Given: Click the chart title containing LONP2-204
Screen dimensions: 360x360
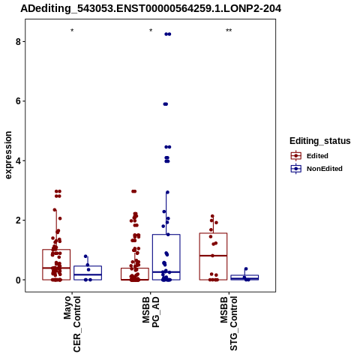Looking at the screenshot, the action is pyautogui.click(x=151, y=8).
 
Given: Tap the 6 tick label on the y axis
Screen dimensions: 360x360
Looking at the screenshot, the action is pyautogui.click(x=18, y=101).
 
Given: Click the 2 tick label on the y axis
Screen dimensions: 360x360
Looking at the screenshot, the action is pyautogui.click(x=18, y=220).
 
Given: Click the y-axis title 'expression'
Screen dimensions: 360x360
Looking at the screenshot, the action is pyautogui.click(x=8, y=155).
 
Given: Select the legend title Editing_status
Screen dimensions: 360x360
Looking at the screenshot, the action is pyautogui.click(x=320, y=141).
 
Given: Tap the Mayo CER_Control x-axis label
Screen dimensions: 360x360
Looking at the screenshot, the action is pyautogui.click(x=72, y=324).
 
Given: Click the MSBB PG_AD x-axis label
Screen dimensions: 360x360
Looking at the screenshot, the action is pyautogui.click(x=151, y=312).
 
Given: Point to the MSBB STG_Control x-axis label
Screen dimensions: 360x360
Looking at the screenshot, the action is pyautogui.click(x=229, y=323).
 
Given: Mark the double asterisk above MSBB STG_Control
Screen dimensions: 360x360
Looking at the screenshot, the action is pyautogui.click(x=229, y=31).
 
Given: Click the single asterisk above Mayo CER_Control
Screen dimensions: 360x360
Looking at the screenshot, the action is pyautogui.click(x=72, y=31).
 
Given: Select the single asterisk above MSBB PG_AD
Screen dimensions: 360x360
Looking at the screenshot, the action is pyautogui.click(x=151, y=31).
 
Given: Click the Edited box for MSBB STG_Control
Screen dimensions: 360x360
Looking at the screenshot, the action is pyautogui.click(x=213, y=233).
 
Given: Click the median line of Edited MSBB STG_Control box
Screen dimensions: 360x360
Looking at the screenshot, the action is pyautogui.click(x=213, y=256).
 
